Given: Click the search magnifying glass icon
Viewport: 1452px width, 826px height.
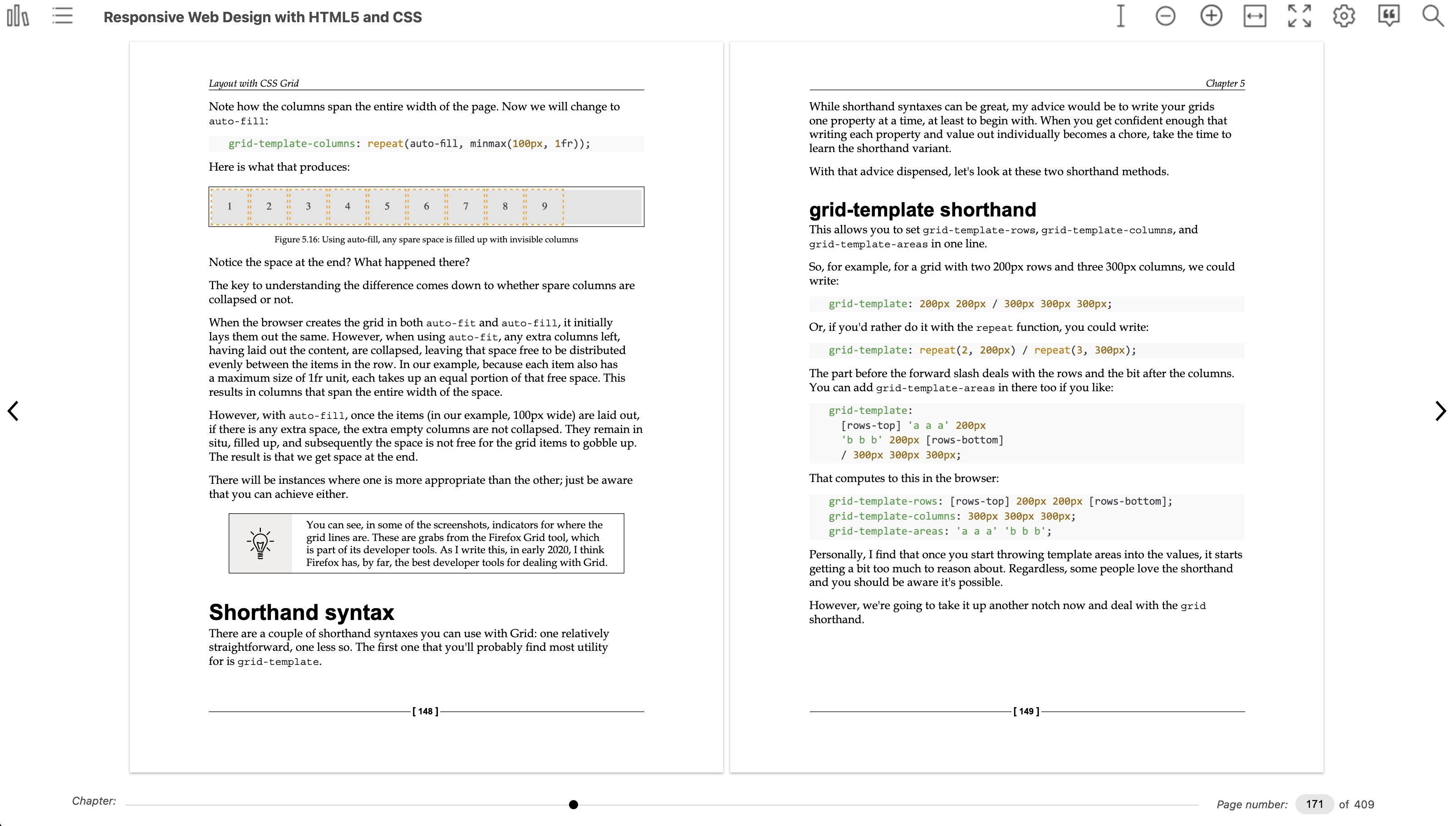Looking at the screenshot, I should click(1433, 16).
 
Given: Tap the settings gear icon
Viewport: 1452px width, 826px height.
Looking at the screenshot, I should click(1344, 16).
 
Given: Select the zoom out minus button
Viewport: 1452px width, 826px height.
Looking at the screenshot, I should click(1165, 16).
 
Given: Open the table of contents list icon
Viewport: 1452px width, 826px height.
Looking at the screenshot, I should click(63, 16).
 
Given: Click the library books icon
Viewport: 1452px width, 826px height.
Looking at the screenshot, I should click(18, 16).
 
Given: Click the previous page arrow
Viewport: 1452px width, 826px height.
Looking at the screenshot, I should click(13, 411).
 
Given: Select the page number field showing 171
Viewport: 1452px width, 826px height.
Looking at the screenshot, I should click(1314, 804).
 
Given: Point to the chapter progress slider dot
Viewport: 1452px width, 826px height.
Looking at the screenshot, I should click(574, 804).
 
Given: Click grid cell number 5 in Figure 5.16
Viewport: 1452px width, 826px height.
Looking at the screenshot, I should click(387, 206).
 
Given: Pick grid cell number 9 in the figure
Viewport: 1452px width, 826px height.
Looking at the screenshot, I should click(544, 206).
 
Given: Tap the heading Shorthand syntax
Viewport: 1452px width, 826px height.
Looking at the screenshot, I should click(301, 612).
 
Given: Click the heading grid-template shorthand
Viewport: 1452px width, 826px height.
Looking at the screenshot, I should click(922, 210).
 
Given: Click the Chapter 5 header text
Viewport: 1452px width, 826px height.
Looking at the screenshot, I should click(1225, 84).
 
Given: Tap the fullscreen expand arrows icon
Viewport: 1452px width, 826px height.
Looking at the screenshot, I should click(1299, 16).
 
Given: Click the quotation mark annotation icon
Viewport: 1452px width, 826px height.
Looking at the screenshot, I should click(1388, 16).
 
